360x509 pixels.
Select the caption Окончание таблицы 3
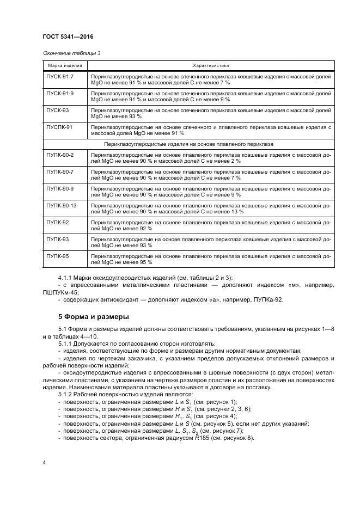(x=71, y=53)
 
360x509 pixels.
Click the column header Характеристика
(x=211, y=65)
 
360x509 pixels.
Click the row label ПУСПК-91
(x=59, y=126)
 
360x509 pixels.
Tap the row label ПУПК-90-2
(x=60, y=155)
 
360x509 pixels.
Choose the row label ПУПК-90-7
(x=60, y=171)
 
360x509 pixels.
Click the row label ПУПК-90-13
(x=62, y=205)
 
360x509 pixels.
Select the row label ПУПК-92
(x=57, y=222)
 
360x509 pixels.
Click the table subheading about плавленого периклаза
(x=188, y=144)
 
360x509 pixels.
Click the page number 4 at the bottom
(x=45, y=462)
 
